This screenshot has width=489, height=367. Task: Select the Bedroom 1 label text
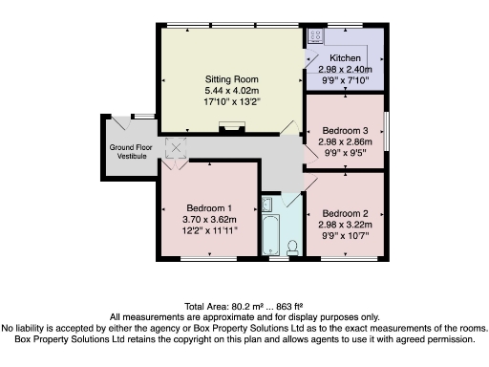[209, 208]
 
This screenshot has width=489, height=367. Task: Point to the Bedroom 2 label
[345, 212]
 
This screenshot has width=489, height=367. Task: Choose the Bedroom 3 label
[345, 129]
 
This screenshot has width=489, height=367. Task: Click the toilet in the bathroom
[292, 246]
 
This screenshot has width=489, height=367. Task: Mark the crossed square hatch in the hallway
[176, 147]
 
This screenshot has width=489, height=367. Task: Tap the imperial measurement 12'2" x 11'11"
[209, 231]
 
